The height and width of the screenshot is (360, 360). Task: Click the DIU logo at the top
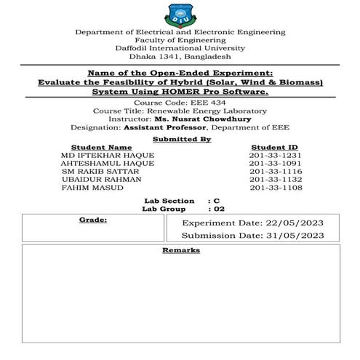pyautogui.click(x=180, y=14)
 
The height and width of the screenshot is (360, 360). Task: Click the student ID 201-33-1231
pyautogui.click(x=274, y=154)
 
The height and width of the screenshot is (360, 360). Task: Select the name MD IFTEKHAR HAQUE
pyautogui.click(x=108, y=154)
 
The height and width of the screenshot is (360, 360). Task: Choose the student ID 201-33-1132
pyautogui.click(x=274, y=179)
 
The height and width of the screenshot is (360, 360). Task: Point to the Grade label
pyautogui.click(x=93, y=218)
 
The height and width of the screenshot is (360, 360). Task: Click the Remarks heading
pyautogui.click(x=180, y=250)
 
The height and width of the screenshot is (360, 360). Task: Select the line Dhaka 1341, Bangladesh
pyautogui.click(x=180, y=56)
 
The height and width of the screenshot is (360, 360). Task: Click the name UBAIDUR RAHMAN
pyautogui.click(x=98, y=179)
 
